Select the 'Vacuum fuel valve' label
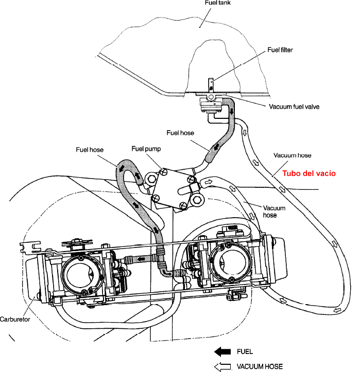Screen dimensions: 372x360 295,107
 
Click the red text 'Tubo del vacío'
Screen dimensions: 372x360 310,173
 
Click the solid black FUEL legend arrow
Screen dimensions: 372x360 223,352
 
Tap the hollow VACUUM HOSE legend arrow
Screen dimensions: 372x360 223,367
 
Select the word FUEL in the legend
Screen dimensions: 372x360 245,352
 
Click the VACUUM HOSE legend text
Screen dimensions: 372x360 260,367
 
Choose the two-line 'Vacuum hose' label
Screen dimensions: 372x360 271,211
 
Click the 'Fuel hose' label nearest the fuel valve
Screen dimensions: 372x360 180,133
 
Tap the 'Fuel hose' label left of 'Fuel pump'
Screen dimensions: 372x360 90,150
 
